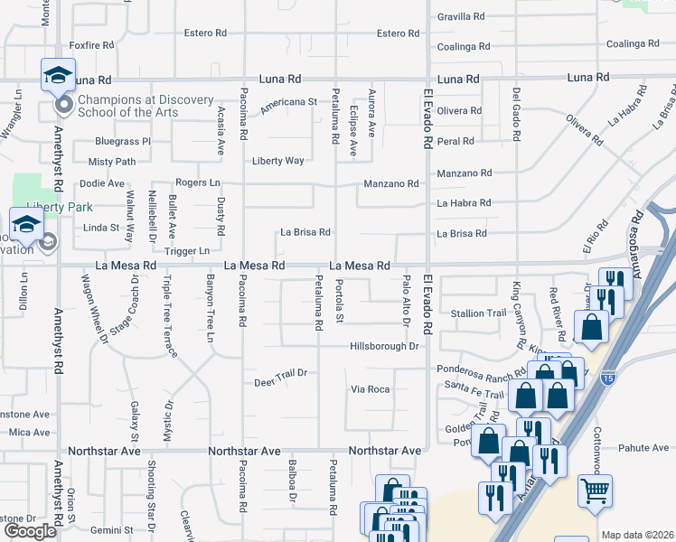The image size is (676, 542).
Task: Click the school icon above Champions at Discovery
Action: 58,75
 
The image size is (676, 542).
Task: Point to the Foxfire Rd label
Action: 91,44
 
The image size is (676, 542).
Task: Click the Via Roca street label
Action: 371,389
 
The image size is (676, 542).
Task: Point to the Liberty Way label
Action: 277,161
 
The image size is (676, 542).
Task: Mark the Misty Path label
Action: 112,162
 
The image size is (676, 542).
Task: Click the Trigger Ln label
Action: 186,250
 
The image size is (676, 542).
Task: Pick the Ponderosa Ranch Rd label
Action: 482,370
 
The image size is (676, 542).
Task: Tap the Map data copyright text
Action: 636,535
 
